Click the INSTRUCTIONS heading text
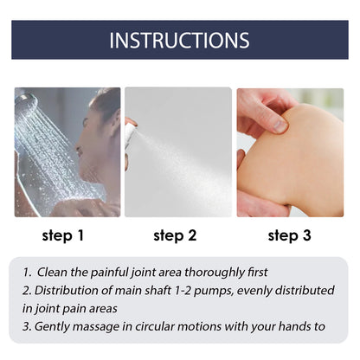[x=180, y=40]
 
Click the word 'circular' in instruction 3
[x=169, y=326]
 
